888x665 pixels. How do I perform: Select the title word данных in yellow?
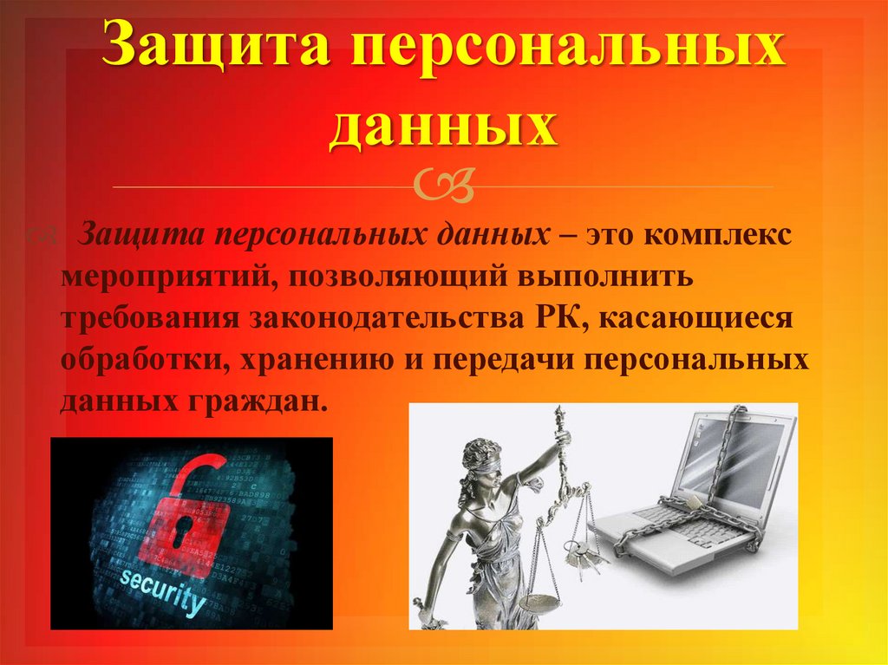(x=443, y=127)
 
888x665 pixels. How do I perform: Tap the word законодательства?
(x=388, y=319)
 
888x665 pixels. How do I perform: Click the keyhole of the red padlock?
(x=183, y=531)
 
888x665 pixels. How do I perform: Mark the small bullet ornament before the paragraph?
(x=42, y=233)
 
